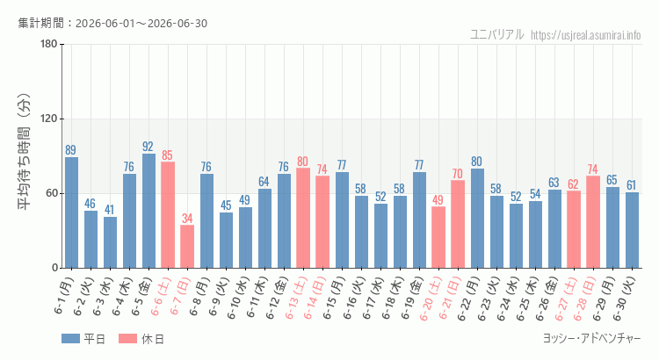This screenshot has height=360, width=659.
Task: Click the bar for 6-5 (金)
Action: click(148, 211)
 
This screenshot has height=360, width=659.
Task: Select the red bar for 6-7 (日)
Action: click(187, 247)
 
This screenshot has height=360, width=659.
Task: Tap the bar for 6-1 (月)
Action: click(71, 212)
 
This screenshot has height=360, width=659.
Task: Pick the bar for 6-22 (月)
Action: click(477, 219)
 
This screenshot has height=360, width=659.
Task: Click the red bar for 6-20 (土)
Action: click(438, 237)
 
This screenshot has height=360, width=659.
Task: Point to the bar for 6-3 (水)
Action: click(110, 242)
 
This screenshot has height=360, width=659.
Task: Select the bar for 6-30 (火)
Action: click(632, 230)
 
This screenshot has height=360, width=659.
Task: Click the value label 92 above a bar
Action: click(148, 146)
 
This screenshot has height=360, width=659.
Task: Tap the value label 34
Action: click(187, 219)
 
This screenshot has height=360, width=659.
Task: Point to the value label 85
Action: click(167, 155)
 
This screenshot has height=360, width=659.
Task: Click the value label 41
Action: click(109, 210)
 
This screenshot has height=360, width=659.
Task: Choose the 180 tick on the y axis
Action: click(49, 44)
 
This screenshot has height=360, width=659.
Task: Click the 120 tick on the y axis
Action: click(49, 119)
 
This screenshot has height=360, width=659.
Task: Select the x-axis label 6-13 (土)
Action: click(297, 297)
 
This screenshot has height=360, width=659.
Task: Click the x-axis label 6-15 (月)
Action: click(335, 298)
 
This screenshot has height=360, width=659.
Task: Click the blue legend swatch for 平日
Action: click(70, 339)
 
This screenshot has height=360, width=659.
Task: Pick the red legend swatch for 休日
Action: click(127, 339)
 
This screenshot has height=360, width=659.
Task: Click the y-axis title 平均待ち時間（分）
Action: click(24, 152)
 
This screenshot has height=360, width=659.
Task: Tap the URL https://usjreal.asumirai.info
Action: click(585, 35)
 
